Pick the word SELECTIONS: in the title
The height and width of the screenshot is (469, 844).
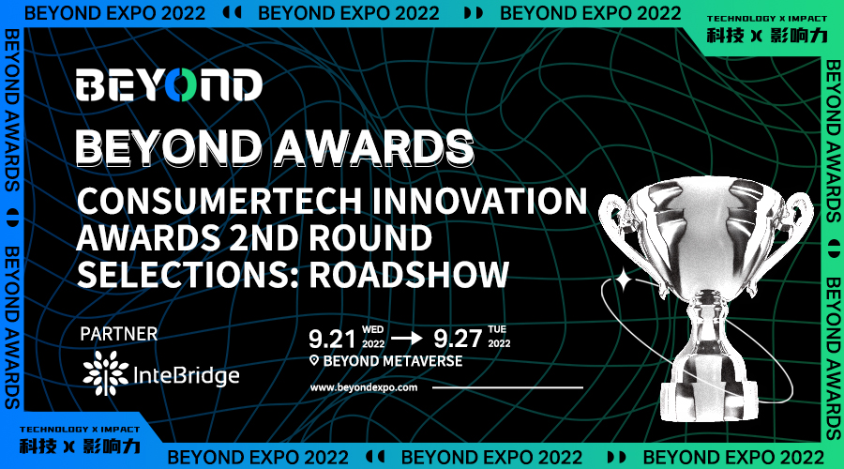coord(185,273)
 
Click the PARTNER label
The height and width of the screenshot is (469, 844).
coord(119,333)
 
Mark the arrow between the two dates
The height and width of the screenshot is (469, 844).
coord(405,337)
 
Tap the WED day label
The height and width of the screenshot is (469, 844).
coord(373,329)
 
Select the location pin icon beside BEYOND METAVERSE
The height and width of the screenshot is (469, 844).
coord(315,361)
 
